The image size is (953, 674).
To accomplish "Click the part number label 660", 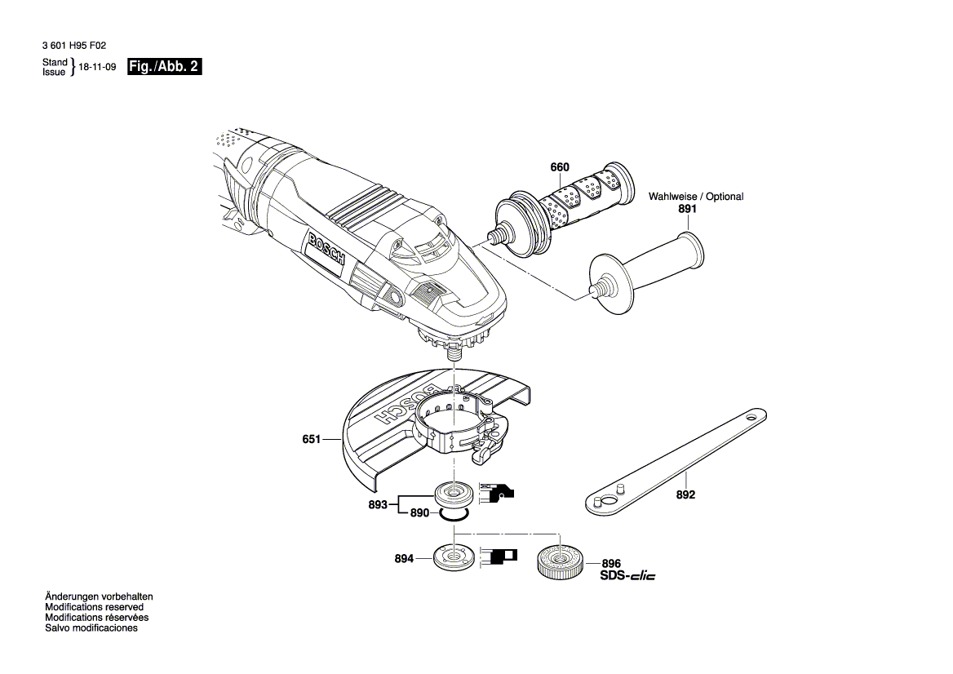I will (559, 167).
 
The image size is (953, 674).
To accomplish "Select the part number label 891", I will (688, 209).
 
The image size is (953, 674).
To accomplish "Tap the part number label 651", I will (311, 440).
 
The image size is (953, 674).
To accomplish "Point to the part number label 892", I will (685, 495).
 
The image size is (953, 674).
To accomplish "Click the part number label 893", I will (377, 504).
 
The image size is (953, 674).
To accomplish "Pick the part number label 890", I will (419, 513).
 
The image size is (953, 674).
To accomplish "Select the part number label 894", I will (403, 559).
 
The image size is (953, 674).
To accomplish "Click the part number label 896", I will (611, 563).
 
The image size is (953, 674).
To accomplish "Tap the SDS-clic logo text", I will (627, 576).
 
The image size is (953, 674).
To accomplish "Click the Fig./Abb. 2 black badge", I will (164, 67).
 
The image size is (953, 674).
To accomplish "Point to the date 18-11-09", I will (97, 68).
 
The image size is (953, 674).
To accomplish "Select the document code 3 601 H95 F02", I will (73, 48).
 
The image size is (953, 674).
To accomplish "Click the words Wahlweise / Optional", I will (696, 197).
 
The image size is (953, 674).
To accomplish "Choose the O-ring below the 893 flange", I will (452, 514).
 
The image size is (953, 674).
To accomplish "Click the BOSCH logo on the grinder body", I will (327, 250).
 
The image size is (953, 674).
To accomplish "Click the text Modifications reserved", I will (94, 607).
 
